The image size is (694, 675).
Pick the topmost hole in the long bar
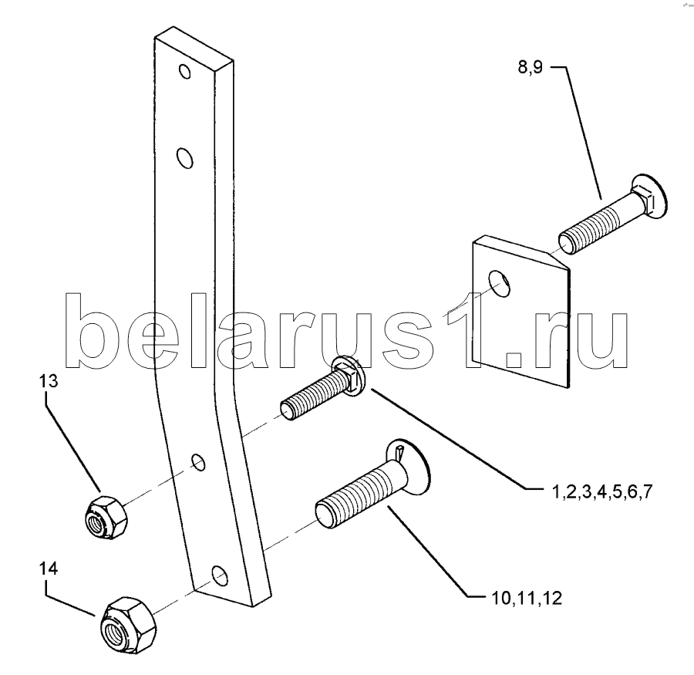tap(184, 73)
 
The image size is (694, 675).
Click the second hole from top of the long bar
tap(184, 159)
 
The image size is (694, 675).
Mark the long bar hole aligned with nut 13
tap(199, 461)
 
